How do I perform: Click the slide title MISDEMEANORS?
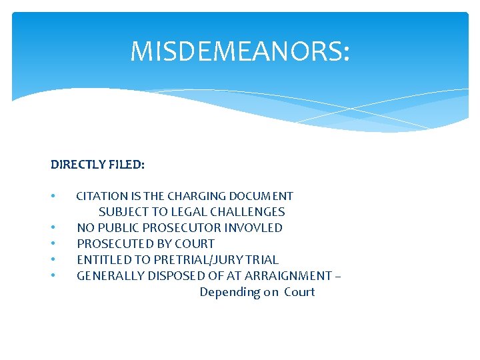coord(239,51)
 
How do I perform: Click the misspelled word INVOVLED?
coord(253,228)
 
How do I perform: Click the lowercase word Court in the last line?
coord(299,292)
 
